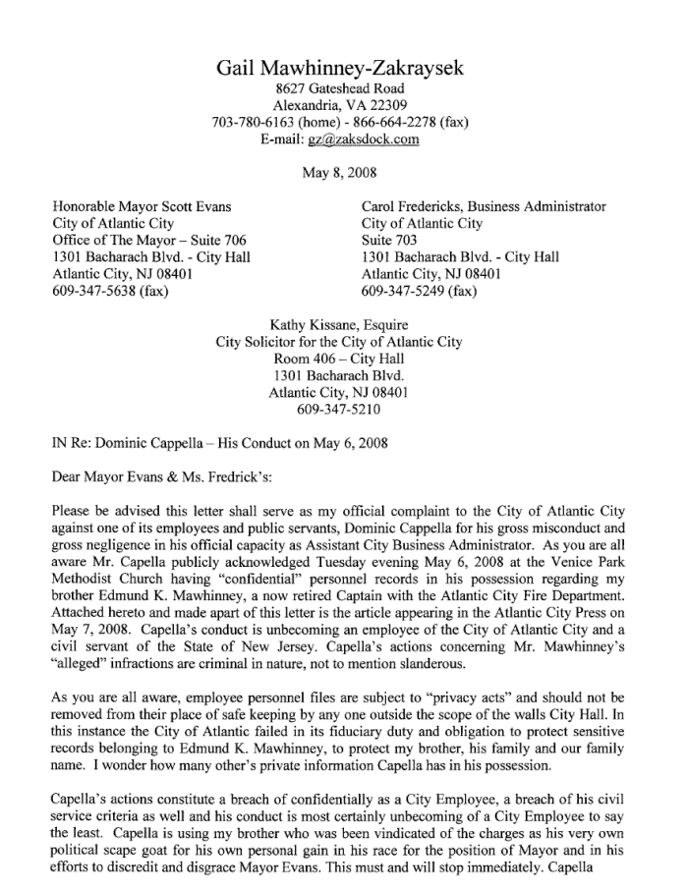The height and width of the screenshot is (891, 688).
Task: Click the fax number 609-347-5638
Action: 94,291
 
